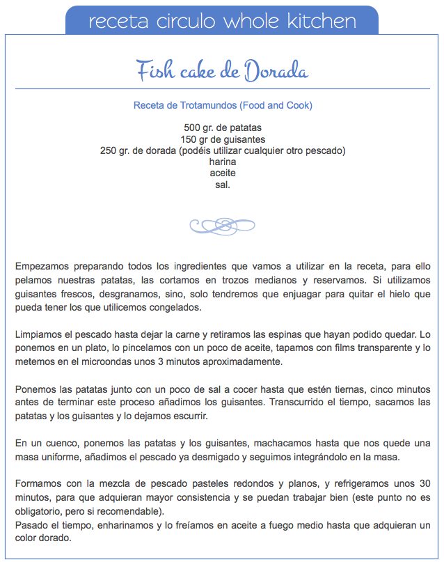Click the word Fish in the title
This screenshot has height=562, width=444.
153,71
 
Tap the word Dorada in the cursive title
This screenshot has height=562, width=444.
275,71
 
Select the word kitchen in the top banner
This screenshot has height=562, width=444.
323,21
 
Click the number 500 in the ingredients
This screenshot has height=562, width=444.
192,128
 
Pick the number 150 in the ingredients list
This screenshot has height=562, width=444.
189,139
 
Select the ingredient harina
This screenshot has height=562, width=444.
223,162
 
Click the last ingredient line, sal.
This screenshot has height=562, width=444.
223,185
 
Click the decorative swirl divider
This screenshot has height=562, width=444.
223,225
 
